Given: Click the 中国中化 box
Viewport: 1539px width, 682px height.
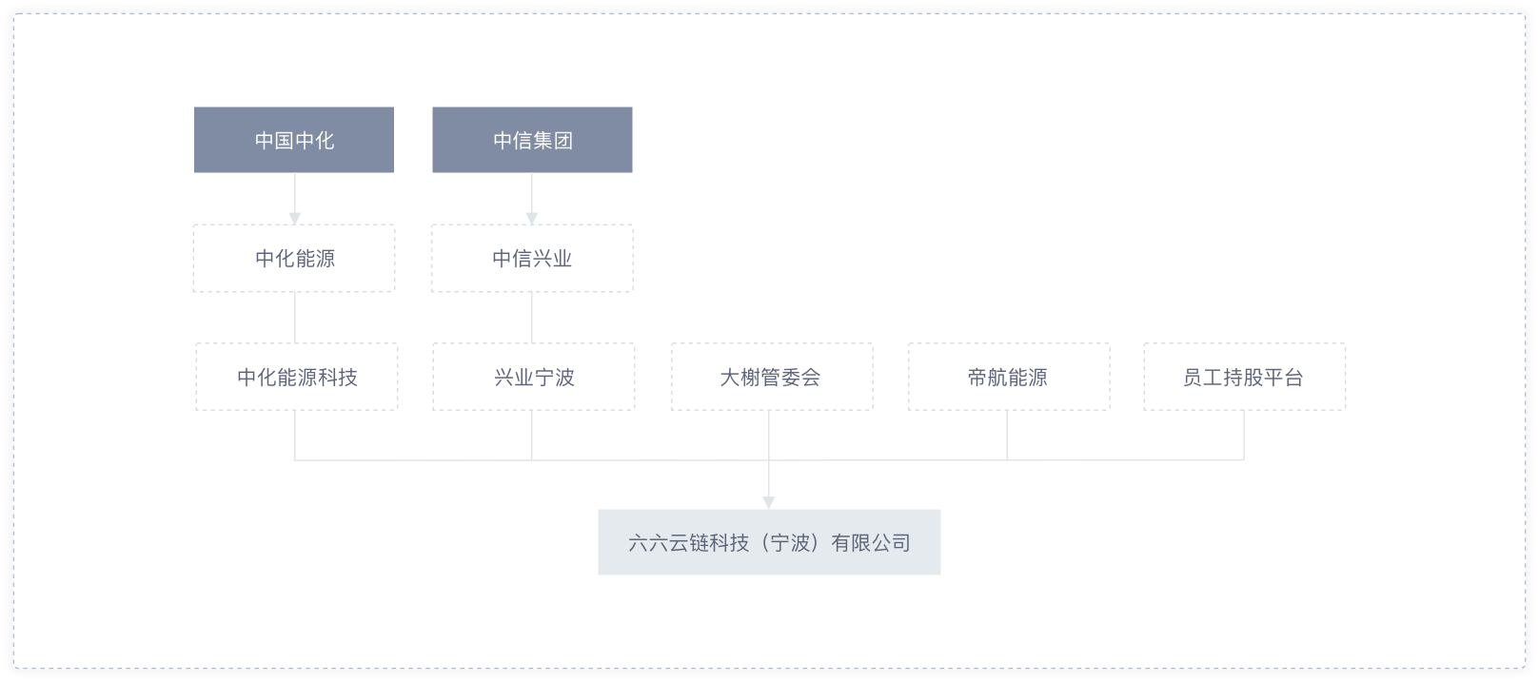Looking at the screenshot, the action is pyautogui.click(x=294, y=140).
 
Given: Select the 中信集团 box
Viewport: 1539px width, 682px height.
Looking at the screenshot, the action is pyautogui.click(x=532, y=140).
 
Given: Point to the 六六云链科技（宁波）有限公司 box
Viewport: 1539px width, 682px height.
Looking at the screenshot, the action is pyautogui.click(x=769, y=542).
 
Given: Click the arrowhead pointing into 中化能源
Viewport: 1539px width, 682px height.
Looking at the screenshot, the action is pyautogui.click(x=295, y=219).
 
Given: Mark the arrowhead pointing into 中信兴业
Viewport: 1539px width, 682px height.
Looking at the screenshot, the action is pyautogui.click(x=532, y=219).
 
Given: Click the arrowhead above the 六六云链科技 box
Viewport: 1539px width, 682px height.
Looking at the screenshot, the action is pyautogui.click(x=769, y=503).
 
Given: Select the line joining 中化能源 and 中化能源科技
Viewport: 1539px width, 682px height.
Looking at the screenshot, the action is pyautogui.click(x=295, y=318).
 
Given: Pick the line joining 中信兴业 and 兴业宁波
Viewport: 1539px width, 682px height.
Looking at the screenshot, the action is pyautogui.click(x=532, y=318).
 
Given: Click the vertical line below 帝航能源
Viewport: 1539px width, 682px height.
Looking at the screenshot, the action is pyautogui.click(x=1007, y=436).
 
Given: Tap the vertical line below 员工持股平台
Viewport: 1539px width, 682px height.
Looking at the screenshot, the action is pyautogui.click(x=1244, y=436).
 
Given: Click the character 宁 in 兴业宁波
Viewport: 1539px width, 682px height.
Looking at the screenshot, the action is pyautogui.click(x=544, y=377).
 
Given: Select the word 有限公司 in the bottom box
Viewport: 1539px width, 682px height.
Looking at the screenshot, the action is pyautogui.click(x=871, y=542).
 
